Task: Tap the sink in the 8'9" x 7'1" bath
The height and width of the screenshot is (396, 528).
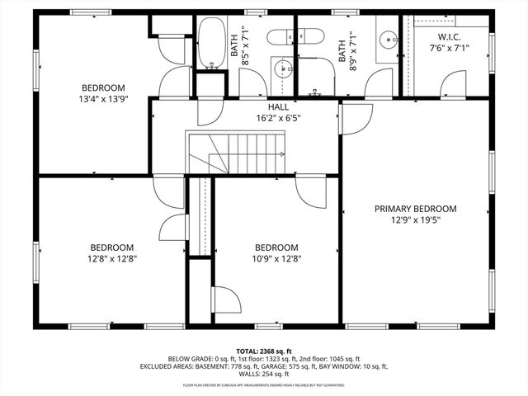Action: [386, 39]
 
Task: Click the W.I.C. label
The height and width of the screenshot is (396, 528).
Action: [449, 37]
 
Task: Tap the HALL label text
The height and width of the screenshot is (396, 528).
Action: [278, 107]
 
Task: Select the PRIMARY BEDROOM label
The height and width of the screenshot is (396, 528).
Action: [415, 209]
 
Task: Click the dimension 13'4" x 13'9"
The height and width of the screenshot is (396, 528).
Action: [102, 99]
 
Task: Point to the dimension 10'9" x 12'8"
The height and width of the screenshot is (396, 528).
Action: [276, 258]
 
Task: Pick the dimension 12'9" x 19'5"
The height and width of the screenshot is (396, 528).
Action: [415, 220]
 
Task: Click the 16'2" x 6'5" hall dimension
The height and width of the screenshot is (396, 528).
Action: [278, 118]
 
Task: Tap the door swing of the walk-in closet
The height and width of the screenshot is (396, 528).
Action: [451, 82]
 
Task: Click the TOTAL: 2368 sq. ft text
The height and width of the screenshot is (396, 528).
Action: [264, 351]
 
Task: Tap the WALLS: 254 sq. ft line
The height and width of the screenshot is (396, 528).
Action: [264, 373]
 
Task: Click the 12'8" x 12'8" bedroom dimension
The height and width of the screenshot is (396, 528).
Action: [112, 258]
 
